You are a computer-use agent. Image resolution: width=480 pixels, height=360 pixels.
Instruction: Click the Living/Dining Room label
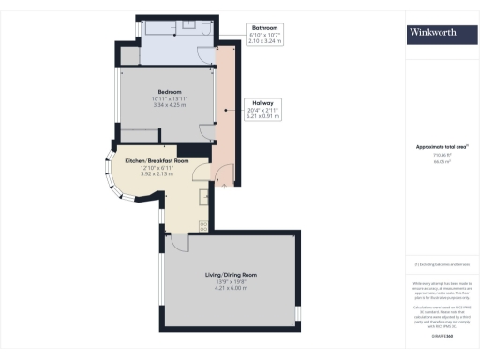(231, 274)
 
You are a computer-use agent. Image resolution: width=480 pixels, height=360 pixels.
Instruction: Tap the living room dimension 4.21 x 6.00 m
(231, 287)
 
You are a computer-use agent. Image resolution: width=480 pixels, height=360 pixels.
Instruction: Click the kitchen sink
(203, 198)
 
